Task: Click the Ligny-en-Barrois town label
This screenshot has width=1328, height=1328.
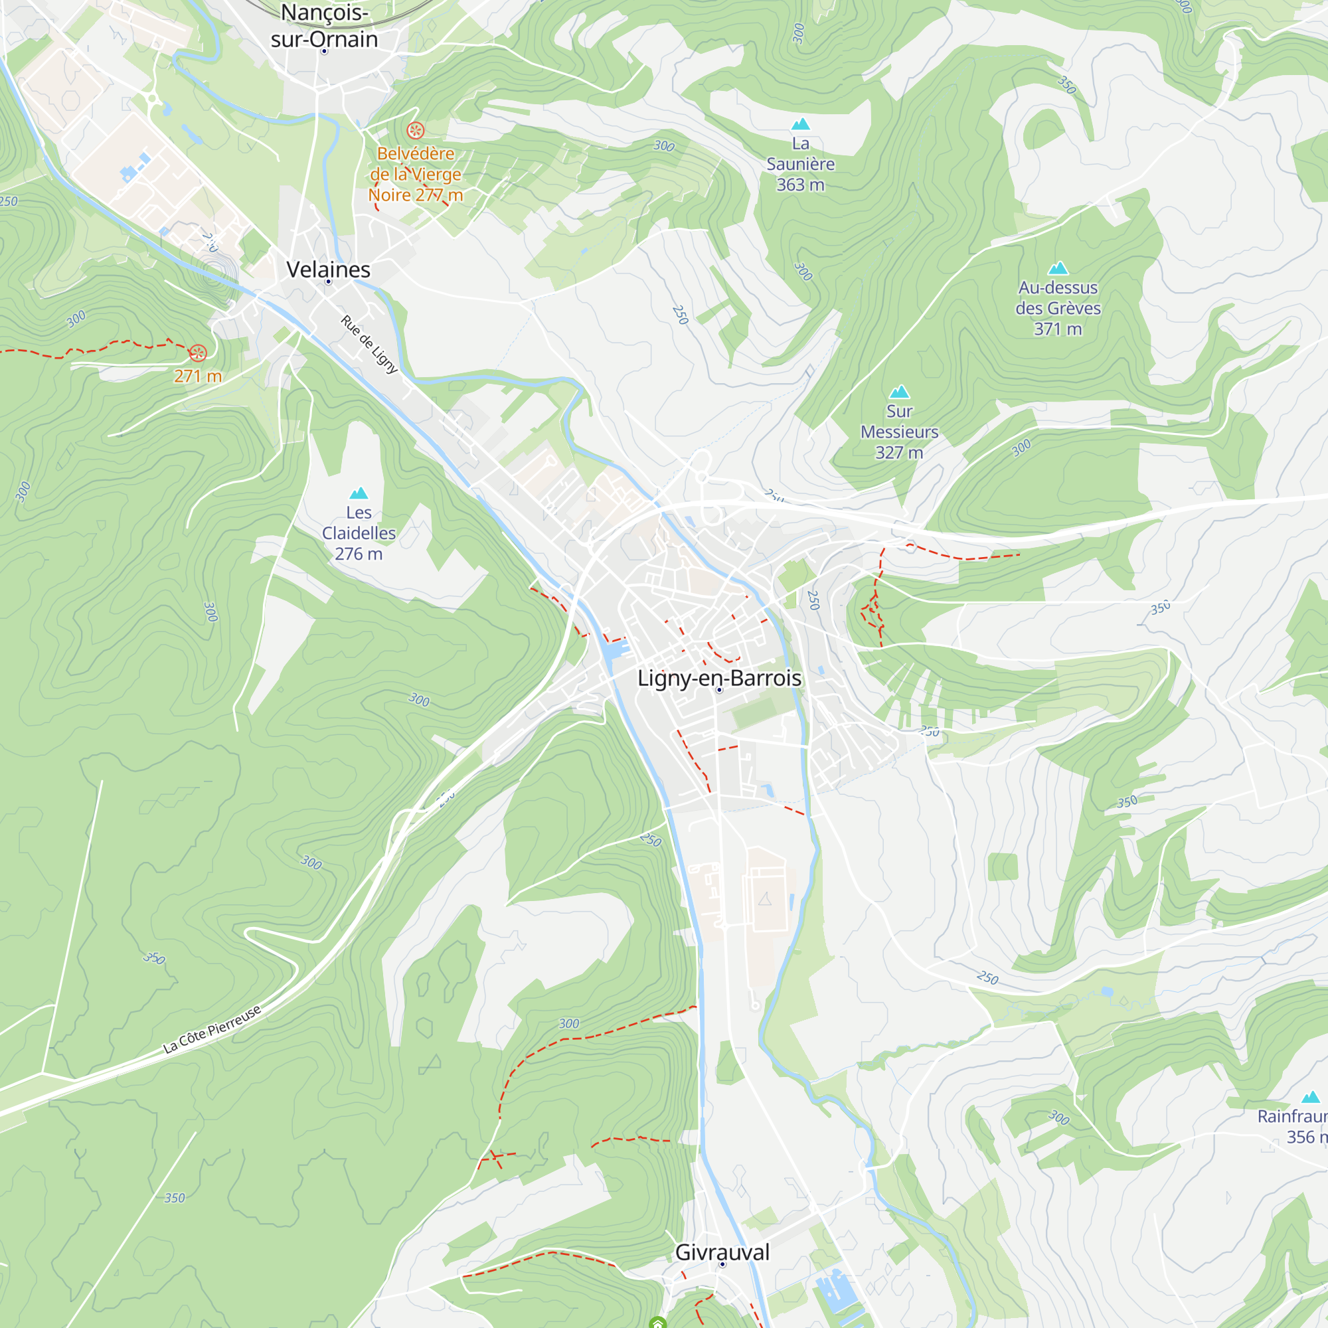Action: click(x=719, y=678)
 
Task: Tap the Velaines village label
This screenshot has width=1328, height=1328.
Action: click(x=328, y=270)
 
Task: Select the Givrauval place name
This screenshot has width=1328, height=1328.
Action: click(x=722, y=1252)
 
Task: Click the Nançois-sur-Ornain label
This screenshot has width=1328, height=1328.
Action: click(x=325, y=26)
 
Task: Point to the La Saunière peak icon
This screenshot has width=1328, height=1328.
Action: click(x=800, y=124)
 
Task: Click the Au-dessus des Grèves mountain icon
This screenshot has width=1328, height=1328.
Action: click(x=1058, y=268)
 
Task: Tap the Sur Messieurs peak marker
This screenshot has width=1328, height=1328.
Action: click(x=899, y=392)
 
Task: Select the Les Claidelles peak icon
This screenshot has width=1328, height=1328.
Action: click(x=359, y=493)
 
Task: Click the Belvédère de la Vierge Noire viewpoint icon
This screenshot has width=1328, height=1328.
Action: click(x=415, y=130)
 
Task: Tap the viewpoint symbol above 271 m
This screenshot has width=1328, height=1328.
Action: click(x=197, y=353)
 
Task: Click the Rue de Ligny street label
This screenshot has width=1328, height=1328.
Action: click(x=369, y=345)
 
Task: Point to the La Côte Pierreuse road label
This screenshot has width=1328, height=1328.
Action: click(x=212, y=1029)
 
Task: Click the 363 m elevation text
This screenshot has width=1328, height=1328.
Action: click(x=800, y=184)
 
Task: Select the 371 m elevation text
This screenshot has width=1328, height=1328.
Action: click(x=1058, y=329)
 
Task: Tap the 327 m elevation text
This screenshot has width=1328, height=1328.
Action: click(x=899, y=452)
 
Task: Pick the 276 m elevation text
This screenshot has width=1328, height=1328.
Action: click(x=359, y=553)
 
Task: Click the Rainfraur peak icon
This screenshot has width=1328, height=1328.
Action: click(x=1311, y=1097)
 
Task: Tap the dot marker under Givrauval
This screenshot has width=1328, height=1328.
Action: click(x=722, y=1264)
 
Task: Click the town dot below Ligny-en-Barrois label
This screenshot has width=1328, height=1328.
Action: click(x=719, y=690)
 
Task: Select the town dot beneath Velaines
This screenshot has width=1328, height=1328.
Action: click(x=328, y=282)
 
